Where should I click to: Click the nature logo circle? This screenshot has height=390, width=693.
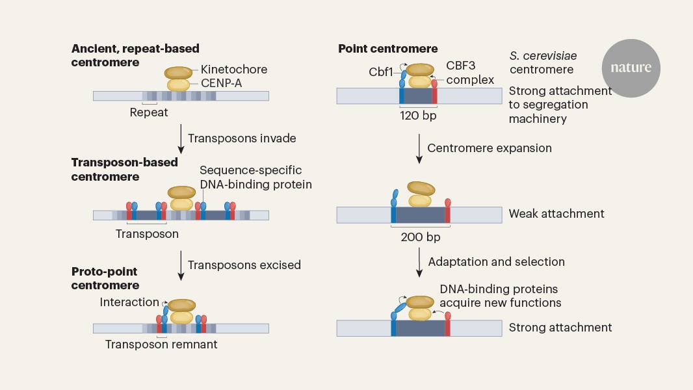coord(630,68)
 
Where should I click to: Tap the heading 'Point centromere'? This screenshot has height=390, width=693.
coord(387,49)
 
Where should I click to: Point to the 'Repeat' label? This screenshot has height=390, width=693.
coord(148,112)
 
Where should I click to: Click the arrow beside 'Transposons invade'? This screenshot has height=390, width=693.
coord(181,138)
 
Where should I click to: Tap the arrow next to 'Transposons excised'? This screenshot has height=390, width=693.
coord(181,265)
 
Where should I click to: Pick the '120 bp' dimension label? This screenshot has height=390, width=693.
coord(417,115)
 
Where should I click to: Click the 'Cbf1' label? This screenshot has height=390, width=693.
coord(381,71)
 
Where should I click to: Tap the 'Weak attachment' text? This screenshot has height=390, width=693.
coord(556,213)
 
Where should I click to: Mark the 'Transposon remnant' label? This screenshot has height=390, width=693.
coord(161,344)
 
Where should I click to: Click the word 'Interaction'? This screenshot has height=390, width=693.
coord(129,302)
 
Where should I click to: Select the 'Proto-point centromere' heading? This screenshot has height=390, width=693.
coord(105,278)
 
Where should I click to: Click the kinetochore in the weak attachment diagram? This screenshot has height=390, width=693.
coord(421,188)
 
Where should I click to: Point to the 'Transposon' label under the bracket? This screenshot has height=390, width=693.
coord(147,233)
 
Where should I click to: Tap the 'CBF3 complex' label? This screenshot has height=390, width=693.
coord(469,73)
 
